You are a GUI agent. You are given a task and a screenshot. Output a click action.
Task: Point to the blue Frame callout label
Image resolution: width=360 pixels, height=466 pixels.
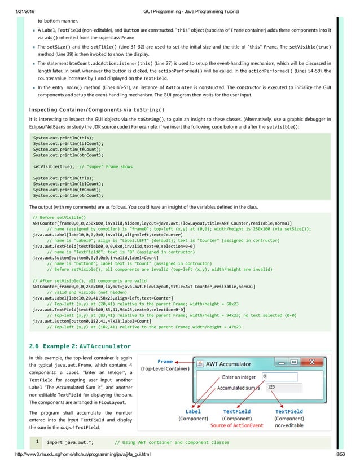(x=165, y=362)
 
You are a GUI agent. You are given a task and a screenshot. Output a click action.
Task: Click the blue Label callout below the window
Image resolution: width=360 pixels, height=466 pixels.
(x=193, y=411)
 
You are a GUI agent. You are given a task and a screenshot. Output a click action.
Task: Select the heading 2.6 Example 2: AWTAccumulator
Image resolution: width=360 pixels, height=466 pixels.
(x=80, y=345)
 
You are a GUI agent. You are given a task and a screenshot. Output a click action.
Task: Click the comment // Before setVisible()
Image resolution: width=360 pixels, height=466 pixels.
(x=57, y=216)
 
